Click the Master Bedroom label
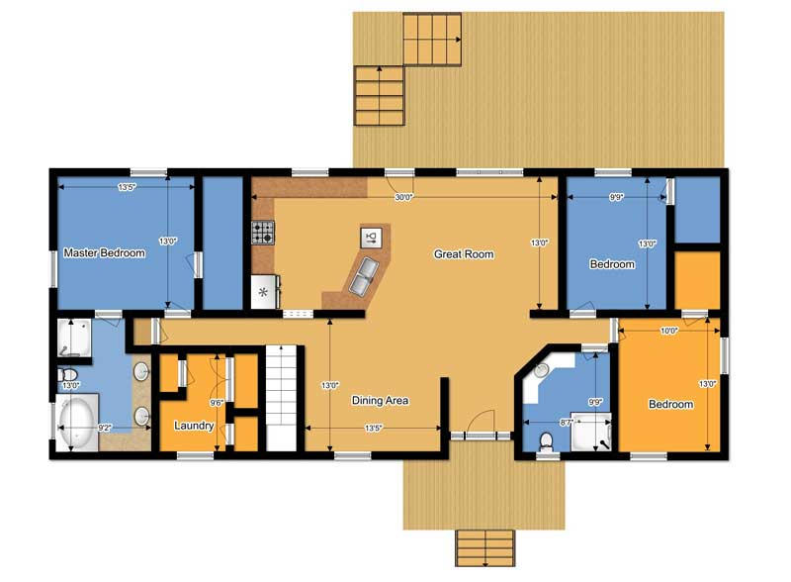tap(105, 252)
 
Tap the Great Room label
tap(464, 254)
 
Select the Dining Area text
tap(380, 401)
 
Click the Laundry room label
tap(194, 426)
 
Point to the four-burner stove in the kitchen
tap(263, 233)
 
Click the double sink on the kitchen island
tap(363, 276)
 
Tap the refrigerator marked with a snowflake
tap(264, 292)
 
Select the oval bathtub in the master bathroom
tap(77, 423)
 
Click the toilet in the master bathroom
tap(67, 375)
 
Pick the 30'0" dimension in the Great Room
tap(403, 197)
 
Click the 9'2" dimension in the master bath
tap(105, 428)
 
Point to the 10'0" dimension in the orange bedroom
tap(669, 331)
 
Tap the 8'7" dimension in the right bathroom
tap(567, 423)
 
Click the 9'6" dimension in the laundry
tap(217, 403)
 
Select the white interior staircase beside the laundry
tap(281, 398)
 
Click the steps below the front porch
tap(485, 548)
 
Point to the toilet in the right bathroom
tap(546, 441)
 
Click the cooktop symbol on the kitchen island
tap(371, 237)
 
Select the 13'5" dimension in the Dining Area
tap(374, 428)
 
